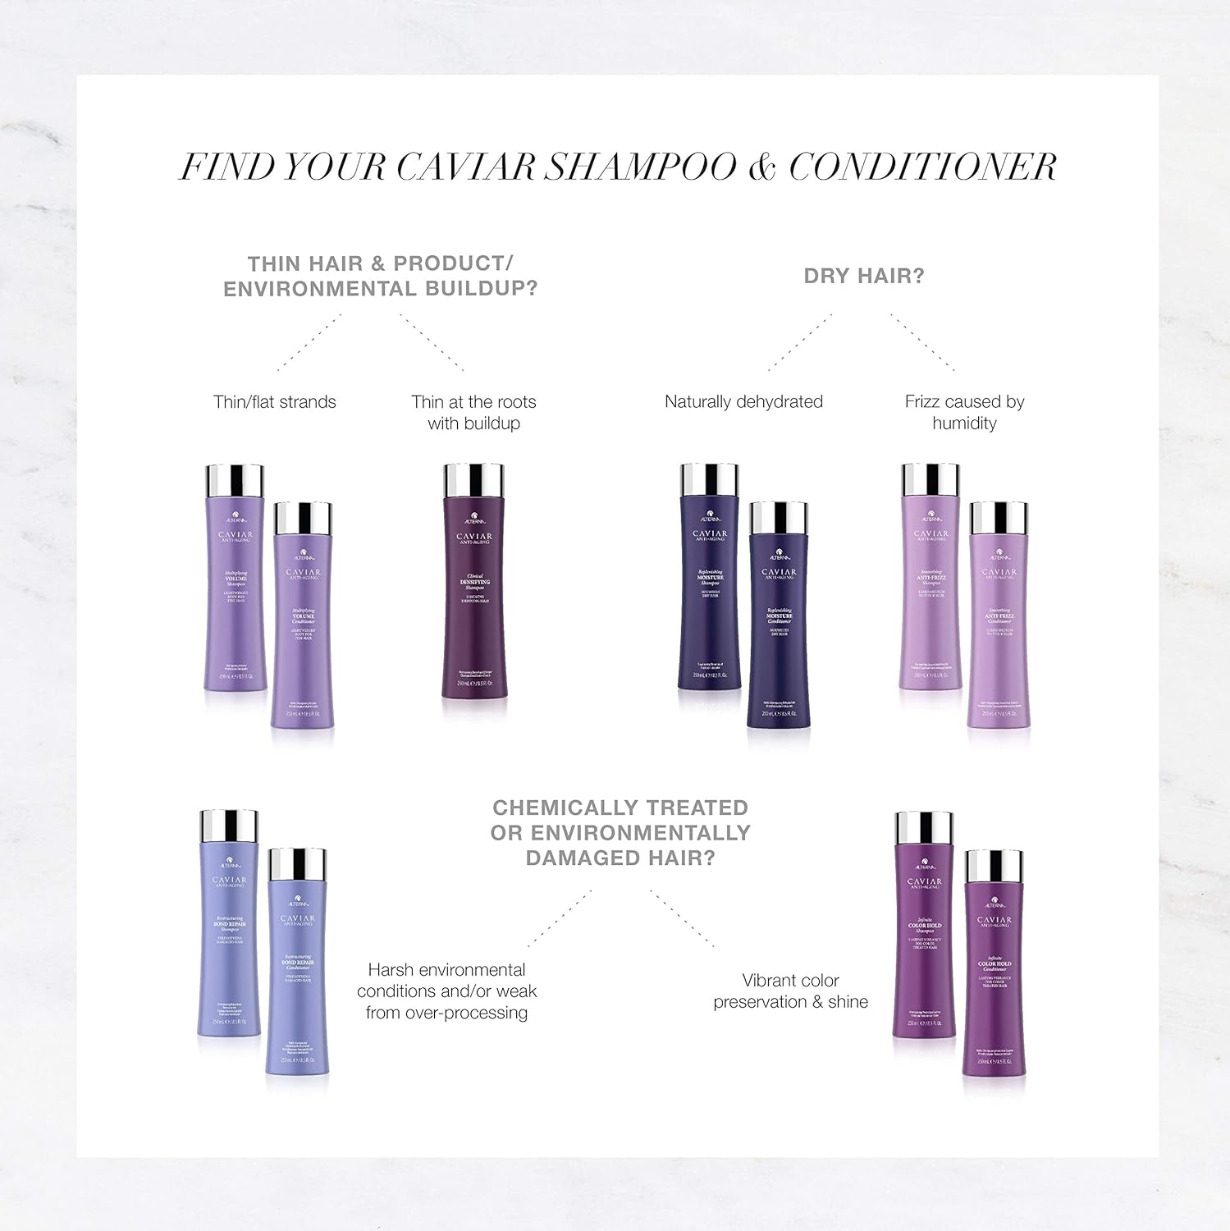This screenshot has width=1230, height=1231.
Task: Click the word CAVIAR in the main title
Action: click(466, 167)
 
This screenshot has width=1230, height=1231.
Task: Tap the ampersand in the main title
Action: click(761, 167)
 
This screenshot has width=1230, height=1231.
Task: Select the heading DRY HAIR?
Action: click(863, 277)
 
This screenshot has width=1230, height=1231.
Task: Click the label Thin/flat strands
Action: click(274, 402)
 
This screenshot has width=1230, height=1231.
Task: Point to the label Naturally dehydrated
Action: click(743, 402)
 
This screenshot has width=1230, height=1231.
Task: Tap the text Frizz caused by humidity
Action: click(964, 412)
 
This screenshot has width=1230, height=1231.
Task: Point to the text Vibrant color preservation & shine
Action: click(790, 991)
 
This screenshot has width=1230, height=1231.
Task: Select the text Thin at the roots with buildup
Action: click(473, 412)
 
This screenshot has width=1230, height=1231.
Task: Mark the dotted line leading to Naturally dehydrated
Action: click(800, 342)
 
